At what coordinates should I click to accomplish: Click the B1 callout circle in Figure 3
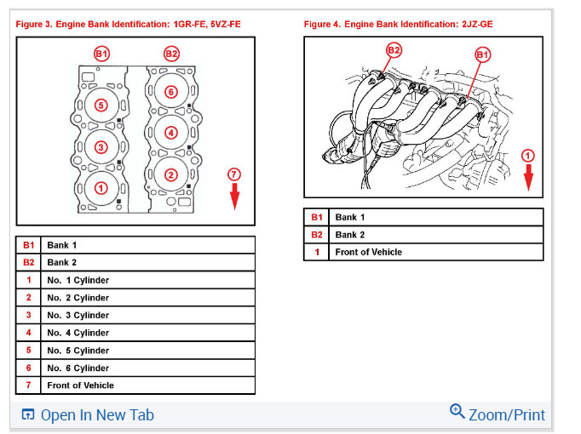click(101, 54)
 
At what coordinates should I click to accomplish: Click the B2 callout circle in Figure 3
click(171, 54)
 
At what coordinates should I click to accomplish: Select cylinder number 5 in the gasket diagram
click(101, 106)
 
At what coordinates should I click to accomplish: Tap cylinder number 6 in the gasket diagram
click(171, 92)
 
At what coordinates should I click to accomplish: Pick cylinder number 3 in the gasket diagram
click(101, 147)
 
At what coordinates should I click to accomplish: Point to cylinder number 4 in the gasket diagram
click(171, 133)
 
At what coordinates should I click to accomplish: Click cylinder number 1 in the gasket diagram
click(101, 188)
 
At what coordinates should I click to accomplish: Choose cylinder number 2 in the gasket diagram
click(171, 174)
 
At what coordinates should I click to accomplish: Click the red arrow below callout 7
click(234, 196)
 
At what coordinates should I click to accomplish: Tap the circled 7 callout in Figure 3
click(234, 174)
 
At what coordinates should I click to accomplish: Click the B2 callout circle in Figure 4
click(394, 50)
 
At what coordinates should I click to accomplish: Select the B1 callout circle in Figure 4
click(482, 55)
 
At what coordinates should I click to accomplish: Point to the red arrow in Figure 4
click(528, 178)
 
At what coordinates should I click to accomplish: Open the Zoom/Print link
click(507, 414)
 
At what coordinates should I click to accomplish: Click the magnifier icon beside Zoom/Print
click(457, 411)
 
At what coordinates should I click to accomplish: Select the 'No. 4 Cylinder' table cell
click(148, 333)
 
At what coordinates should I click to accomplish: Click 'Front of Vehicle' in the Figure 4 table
click(369, 252)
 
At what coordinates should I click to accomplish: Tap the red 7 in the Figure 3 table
click(28, 385)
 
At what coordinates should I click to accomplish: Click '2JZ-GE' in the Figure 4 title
click(477, 25)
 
